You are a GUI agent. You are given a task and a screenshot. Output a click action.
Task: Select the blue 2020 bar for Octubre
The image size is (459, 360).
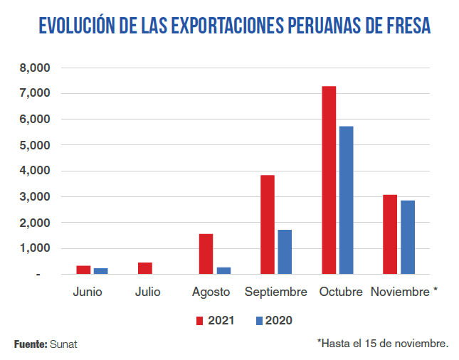347,200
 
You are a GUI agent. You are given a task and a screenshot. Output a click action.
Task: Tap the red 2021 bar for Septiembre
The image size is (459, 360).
268,224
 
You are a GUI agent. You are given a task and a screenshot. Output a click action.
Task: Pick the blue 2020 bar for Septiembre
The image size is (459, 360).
285,252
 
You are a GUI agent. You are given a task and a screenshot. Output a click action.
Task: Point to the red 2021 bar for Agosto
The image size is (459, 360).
206,254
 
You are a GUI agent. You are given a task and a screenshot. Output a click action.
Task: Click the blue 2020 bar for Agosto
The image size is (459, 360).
223,270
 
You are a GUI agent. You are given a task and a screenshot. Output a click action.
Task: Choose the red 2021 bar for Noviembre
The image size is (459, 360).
390,234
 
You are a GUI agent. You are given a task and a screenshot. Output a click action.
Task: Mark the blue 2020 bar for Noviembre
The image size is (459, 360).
407,237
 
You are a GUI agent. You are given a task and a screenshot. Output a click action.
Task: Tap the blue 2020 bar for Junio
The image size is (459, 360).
101,271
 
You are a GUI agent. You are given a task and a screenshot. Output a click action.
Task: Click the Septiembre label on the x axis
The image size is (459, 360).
276,292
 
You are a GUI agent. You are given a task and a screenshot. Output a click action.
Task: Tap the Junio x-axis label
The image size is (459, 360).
88,292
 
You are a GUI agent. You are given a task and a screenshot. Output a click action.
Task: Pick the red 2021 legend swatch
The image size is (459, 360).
200,321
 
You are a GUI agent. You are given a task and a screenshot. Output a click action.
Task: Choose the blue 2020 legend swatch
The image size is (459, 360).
260,321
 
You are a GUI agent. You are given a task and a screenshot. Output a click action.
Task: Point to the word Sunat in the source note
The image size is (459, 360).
64,344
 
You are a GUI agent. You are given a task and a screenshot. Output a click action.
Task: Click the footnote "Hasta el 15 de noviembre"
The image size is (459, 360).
383,344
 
